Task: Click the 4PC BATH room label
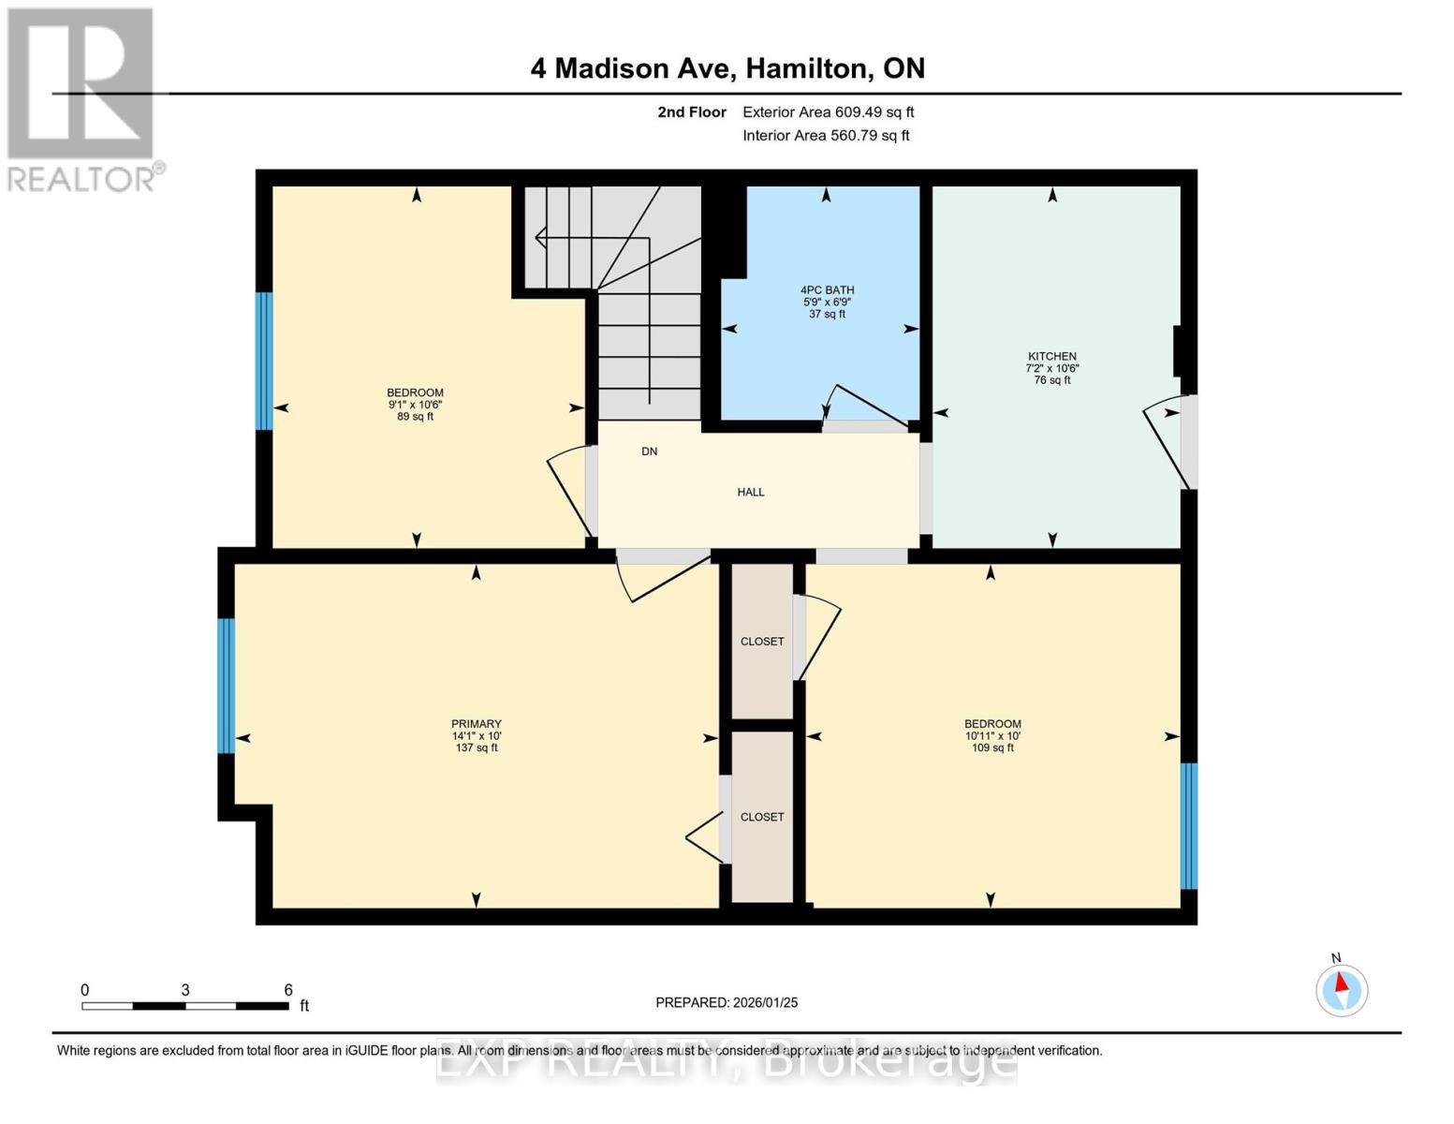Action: tap(827, 290)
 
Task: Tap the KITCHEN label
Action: tap(1052, 356)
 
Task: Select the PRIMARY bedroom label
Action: tap(477, 724)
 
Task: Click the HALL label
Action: tap(751, 492)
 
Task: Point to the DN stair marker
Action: tap(650, 451)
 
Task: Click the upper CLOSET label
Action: tap(762, 642)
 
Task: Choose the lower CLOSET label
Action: tap(762, 817)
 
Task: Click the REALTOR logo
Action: tap(81, 99)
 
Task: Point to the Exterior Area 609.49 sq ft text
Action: tap(829, 112)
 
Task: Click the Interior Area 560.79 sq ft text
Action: tap(827, 136)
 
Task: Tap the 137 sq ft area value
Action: tap(477, 748)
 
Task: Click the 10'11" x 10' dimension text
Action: tap(992, 736)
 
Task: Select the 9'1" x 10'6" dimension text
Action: tap(416, 405)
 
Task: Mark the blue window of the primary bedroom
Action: tap(226, 686)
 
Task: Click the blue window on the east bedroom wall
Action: tap(1189, 825)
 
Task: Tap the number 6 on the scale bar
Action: tap(288, 990)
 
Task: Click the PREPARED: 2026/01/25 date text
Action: tap(727, 1002)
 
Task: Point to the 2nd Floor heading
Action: tap(692, 112)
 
